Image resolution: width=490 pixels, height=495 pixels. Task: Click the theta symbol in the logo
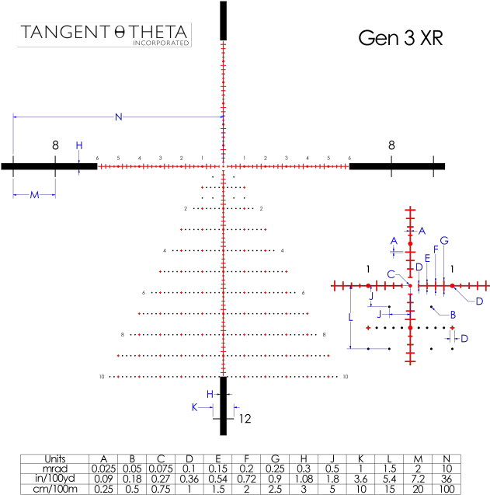119,33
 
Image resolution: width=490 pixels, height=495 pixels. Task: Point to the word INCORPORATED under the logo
161,44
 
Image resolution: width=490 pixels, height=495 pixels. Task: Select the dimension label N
119,117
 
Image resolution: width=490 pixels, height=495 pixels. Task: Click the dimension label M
34,195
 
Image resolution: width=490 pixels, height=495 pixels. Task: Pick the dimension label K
194,407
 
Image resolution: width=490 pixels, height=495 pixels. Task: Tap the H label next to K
210,395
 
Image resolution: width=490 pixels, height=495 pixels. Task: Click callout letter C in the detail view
391,274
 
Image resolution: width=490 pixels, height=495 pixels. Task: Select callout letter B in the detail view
453,315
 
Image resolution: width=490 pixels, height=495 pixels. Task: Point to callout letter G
445,241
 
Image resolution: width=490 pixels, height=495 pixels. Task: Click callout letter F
436,249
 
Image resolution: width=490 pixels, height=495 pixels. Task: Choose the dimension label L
351,318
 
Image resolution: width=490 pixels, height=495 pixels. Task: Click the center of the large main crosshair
224,166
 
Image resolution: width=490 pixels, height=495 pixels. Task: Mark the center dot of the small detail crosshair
411,286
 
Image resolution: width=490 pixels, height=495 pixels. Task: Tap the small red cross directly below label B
453,328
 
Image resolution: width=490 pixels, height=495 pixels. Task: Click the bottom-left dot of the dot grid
118,377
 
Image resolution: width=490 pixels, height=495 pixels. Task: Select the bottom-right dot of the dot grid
328,377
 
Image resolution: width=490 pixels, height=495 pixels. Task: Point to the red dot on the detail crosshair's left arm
369,286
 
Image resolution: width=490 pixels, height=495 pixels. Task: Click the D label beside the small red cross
464,339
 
